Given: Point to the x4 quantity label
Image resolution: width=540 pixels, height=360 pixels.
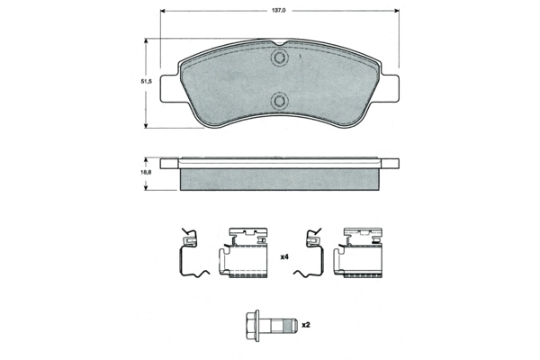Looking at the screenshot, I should click(x=284, y=258).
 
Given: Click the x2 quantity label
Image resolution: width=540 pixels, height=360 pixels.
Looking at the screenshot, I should click(x=305, y=325).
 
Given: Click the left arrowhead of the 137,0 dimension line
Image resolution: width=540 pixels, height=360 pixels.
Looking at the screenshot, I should click(x=165, y=11).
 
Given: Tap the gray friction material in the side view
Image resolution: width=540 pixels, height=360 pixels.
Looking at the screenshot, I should click(x=280, y=180).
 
